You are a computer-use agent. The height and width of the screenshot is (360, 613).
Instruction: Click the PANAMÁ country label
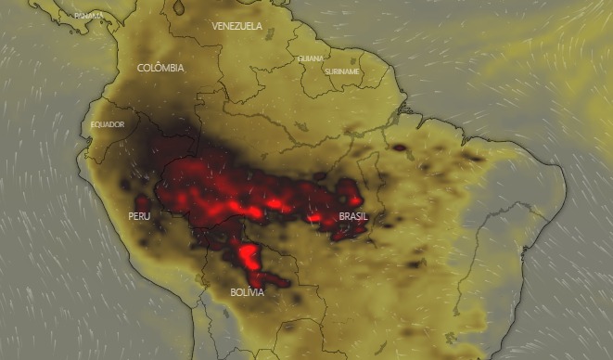pos(89,16)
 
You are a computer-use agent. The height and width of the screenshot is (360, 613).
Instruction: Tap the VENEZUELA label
pos(236,26)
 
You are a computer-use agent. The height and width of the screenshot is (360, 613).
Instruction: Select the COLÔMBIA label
pos(160,68)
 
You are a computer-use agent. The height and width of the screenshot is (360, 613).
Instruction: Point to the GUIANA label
pos(311,58)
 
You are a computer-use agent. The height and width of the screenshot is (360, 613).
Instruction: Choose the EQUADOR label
pos(108,124)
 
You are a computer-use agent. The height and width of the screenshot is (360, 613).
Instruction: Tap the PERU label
pos(139,216)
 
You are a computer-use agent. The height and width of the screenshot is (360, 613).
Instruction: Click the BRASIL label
pos(353,216)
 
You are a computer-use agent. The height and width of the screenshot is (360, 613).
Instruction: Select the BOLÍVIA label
pos(247,292)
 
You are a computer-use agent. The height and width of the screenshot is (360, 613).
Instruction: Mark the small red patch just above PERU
pos(142,201)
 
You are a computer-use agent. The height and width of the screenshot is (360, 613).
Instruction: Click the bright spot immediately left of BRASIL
pos(315,217)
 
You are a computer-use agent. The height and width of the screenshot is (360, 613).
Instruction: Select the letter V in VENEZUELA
pos(215,26)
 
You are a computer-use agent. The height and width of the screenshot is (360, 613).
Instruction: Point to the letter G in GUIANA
pos(300,58)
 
